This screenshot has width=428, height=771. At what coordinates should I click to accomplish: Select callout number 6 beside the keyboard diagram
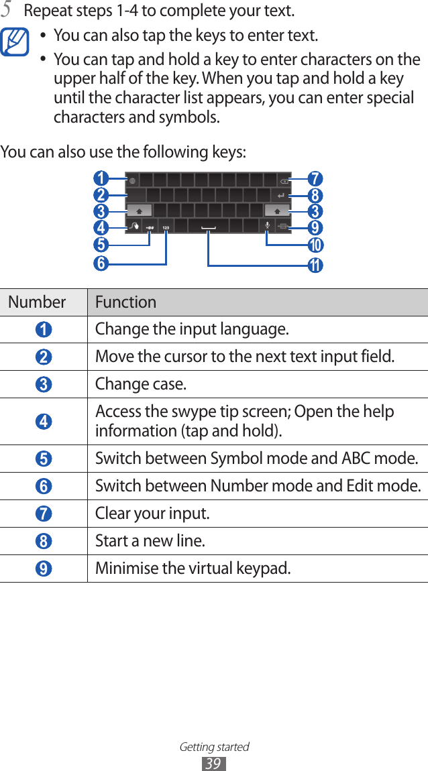click(x=101, y=263)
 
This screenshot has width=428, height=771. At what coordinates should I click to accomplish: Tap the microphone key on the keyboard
click(x=268, y=226)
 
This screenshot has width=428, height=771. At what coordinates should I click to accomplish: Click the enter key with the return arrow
click(x=280, y=196)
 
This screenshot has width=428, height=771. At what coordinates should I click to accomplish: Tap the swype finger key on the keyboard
click(x=134, y=226)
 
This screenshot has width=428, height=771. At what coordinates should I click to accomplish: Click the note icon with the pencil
click(x=16, y=41)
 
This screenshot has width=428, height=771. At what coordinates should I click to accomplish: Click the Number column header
click(x=38, y=302)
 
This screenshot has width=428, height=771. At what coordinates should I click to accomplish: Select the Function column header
click(x=126, y=302)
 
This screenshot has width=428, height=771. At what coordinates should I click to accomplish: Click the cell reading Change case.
click(x=142, y=384)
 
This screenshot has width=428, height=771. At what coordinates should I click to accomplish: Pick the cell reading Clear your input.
click(x=152, y=514)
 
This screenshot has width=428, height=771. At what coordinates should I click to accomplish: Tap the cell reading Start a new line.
click(x=150, y=540)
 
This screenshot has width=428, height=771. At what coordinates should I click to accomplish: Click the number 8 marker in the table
click(x=43, y=542)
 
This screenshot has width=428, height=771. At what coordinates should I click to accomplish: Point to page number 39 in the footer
click(x=214, y=763)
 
